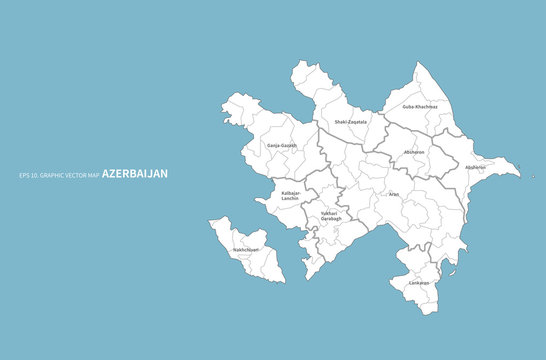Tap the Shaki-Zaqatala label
pos(351,122)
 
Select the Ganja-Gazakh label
pos(282,145)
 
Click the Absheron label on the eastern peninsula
pos(476,167)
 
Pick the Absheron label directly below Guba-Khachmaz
pos(414,152)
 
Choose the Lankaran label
pos(418,283)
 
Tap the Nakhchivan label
pos(246,249)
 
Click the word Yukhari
pos(329,213)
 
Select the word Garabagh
pos(330,218)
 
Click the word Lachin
pos(290,200)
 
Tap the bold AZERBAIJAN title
pos(135,173)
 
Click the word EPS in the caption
pos(24,174)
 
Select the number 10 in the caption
pos(35,174)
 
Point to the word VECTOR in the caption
pos(76,174)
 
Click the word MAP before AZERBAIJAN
pos(94,174)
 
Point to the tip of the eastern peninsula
pos(519,174)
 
